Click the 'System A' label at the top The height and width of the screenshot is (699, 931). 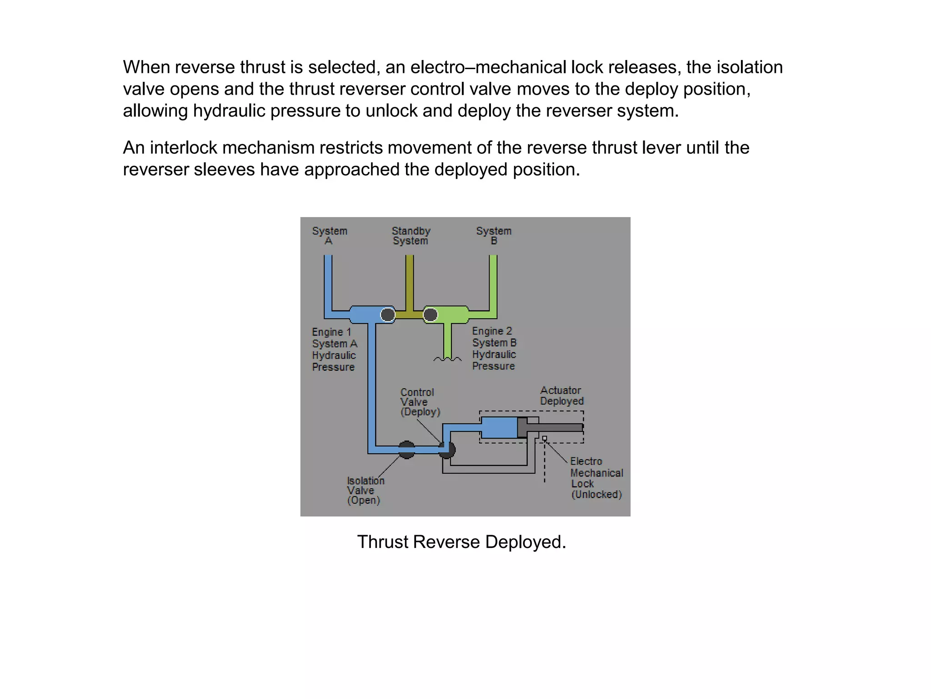point(330,236)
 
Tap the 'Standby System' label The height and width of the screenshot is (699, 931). point(411,236)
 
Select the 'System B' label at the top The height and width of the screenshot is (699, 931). point(494,236)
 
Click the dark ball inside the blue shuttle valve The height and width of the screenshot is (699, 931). point(388,314)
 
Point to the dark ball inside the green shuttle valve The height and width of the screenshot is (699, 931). point(430,314)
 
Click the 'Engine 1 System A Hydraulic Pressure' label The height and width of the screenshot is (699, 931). point(335,349)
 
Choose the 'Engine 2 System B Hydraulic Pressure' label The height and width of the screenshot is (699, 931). point(494,349)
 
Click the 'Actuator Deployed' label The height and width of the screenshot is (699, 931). point(561,396)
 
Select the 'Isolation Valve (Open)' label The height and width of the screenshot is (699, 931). point(365,491)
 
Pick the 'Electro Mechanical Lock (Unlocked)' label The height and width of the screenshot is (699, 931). point(596,478)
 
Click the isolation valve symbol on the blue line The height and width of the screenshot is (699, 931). point(407,450)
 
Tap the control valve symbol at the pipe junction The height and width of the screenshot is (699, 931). point(447,449)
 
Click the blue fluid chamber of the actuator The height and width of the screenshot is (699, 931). point(499,427)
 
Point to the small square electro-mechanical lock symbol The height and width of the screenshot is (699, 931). point(545,439)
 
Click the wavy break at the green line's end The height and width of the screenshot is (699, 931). point(447,360)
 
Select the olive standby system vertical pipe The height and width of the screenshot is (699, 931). point(410,282)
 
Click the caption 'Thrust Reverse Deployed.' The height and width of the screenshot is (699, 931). point(461,542)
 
